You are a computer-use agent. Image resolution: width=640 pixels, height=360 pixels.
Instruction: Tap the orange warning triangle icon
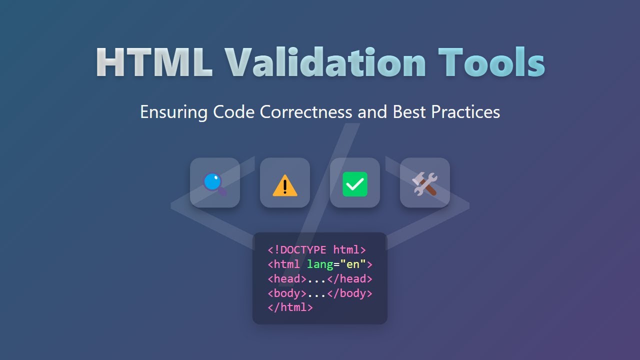tap(285, 185)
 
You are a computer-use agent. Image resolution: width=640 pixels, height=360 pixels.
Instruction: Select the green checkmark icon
tap(355, 184)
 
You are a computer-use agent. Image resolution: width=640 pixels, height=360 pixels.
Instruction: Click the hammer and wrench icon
tap(425, 183)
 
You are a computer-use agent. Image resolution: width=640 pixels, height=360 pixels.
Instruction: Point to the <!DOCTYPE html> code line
tap(317, 249)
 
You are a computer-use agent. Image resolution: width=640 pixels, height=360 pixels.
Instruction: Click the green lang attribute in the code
tap(320, 264)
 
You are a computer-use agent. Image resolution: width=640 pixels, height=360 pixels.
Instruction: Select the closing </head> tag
tap(349, 278)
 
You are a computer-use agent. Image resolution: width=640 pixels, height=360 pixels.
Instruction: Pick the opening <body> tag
tap(287, 293)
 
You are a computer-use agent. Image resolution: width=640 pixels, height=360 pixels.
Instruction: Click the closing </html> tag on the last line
tap(290, 307)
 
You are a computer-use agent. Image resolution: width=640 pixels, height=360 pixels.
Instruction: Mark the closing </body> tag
tap(349, 293)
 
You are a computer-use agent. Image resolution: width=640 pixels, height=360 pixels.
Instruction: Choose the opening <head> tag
tap(287, 278)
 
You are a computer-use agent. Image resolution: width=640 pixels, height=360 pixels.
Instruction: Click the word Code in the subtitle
tap(234, 111)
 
